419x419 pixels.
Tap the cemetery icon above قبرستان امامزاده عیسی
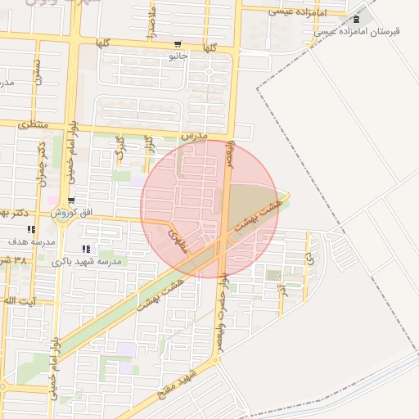pos(355,19)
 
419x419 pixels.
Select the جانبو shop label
pos(178,56)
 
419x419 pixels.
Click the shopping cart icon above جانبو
pos(178,45)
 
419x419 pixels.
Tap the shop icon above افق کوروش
pos(72,200)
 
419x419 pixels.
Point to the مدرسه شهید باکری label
pos(87,261)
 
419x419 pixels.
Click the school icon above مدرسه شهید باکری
pos(86,250)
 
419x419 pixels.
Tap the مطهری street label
pos(178,241)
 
